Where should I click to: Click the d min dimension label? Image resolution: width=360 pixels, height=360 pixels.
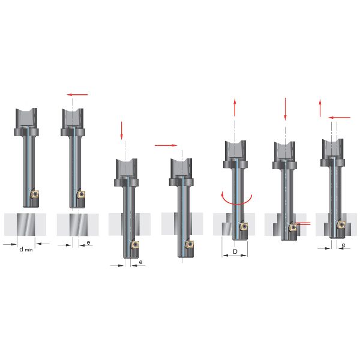(x=26, y=250)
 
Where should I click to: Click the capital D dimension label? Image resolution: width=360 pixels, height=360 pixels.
(x=235, y=251)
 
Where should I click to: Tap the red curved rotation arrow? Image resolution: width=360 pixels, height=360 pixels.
(x=236, y=200)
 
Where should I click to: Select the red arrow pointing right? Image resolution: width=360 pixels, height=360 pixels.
(x=166, y=145)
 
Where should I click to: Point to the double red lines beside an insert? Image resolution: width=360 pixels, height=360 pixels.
(x=303, y=224)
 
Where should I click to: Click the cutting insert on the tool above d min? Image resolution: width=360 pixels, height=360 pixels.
(x=35, y=194)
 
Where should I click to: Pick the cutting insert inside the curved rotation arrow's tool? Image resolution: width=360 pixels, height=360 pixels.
(x=244, y=226)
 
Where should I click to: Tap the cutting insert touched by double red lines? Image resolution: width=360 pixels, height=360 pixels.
(x=293, y=227)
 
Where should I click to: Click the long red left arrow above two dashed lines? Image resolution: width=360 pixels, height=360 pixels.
(x=340, y=118)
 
